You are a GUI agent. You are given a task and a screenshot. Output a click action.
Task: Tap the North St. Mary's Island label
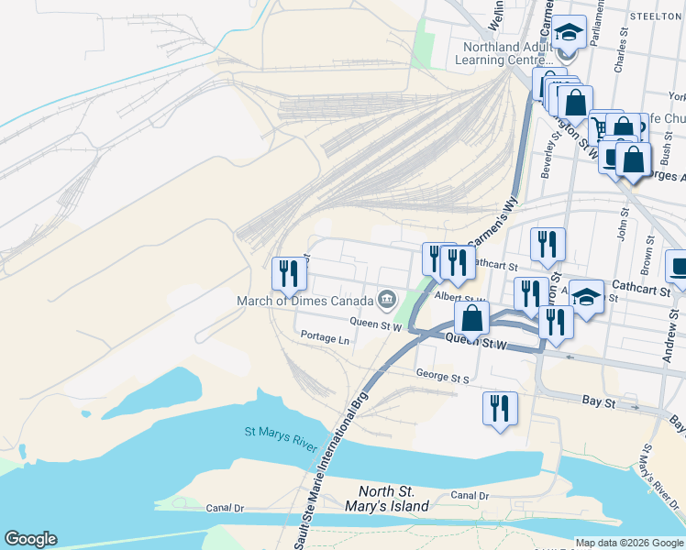[x=393, y=499]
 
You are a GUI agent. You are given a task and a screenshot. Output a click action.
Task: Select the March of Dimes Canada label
[x=304, y=301]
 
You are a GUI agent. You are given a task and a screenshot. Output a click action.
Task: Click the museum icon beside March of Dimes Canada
[x=387, y=300]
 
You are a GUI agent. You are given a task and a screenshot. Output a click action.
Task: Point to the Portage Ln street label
[x=325, y=338]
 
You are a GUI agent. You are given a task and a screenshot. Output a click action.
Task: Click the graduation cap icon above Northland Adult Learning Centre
[x=569, y=33]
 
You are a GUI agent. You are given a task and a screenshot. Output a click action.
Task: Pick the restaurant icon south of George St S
[x=500, y=408]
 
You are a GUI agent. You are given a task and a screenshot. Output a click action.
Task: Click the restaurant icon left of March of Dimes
[x=289, y=273]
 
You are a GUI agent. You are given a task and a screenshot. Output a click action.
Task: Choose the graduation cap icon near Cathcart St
[x=586, y=297]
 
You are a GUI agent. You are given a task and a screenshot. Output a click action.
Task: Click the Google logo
[x=30, y=539]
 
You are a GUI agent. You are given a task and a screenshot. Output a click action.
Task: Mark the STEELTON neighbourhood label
[x=655, y=16]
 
